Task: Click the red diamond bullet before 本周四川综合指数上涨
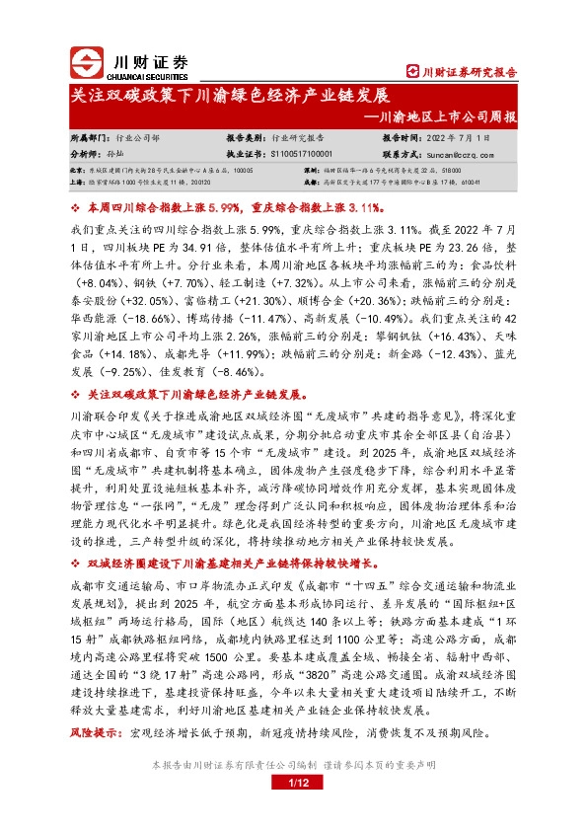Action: coord(77,209)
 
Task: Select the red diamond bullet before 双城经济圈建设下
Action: coord(77,563)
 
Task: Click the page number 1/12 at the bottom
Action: coord(293,784)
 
